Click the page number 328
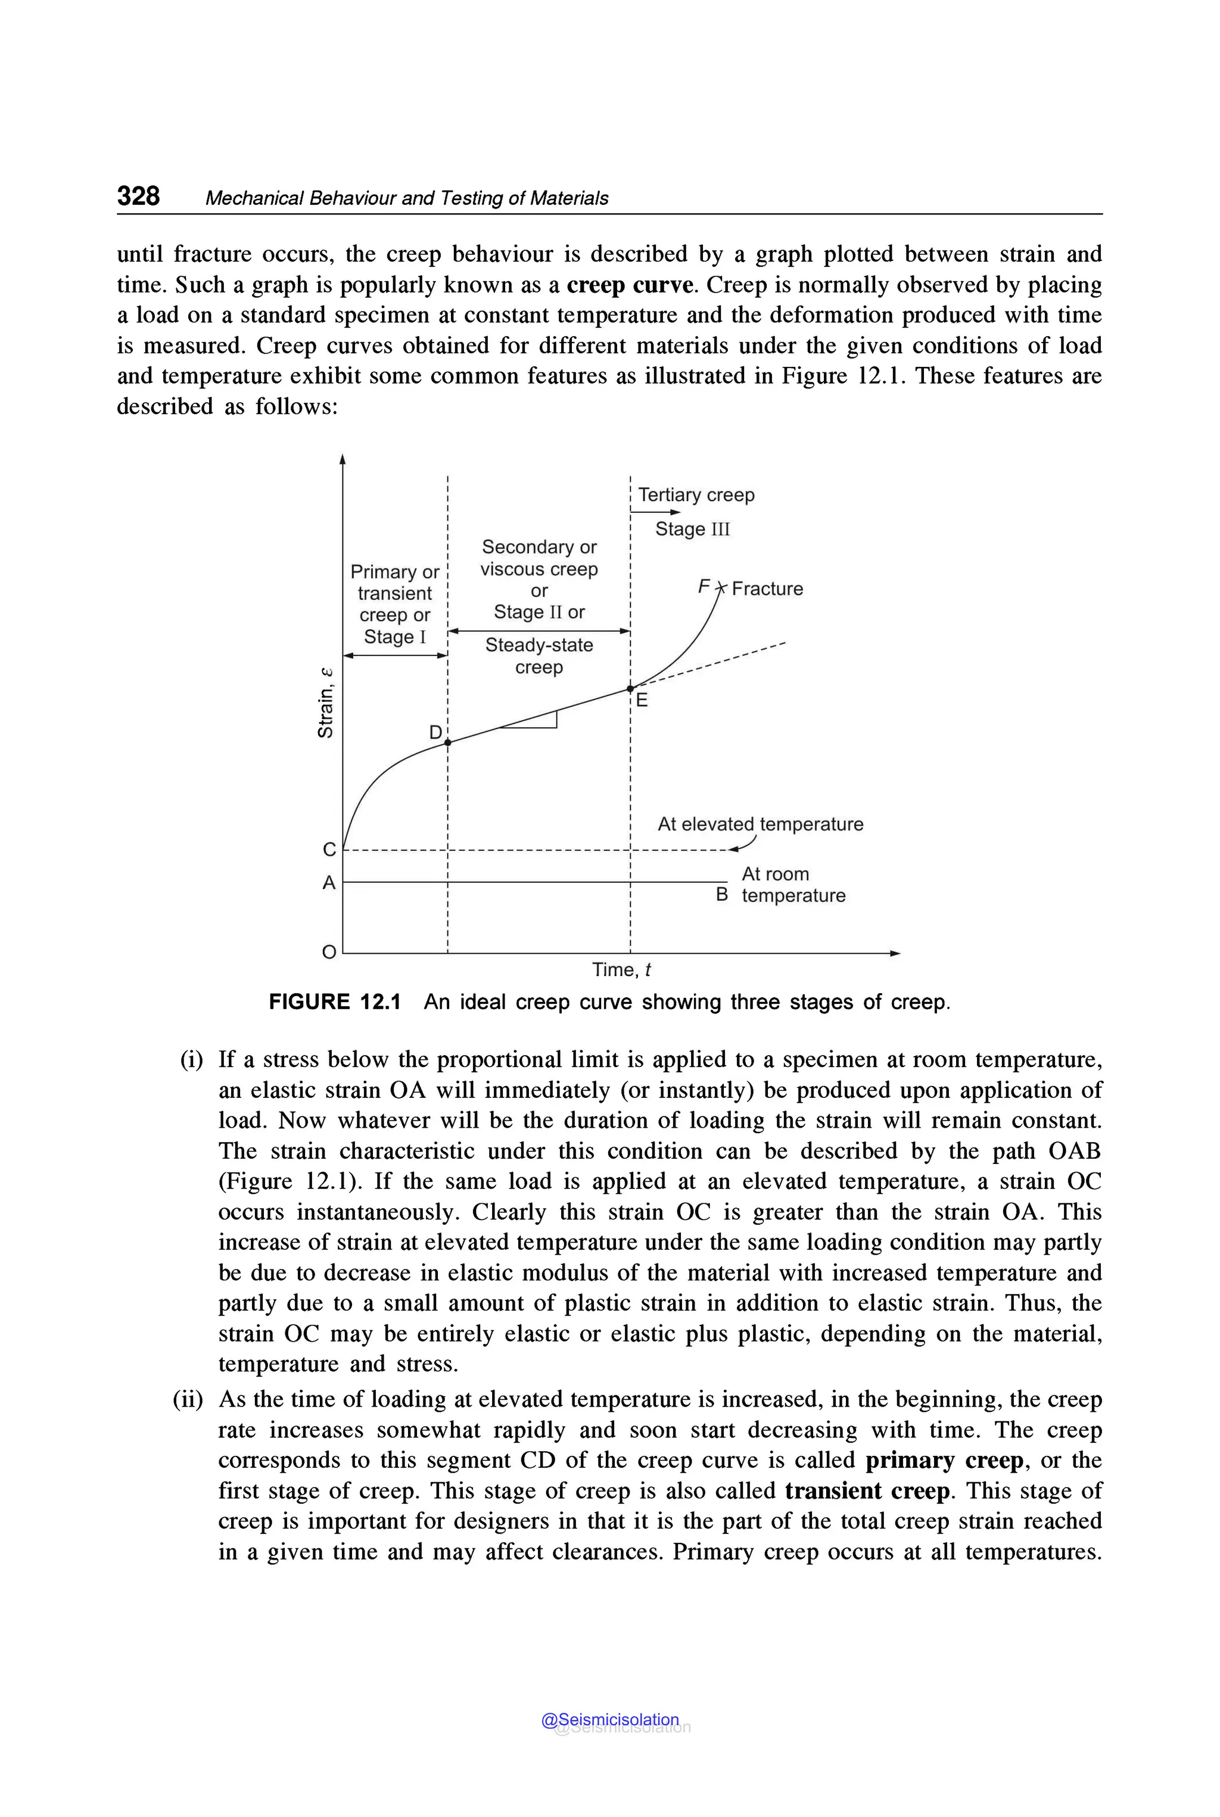point(138,195)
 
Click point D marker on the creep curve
point(447,742)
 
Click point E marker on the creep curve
point(630,689)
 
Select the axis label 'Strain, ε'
point(326,703)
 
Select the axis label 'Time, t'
point(621,970)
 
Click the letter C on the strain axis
point(329,850)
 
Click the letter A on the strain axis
point(329,882)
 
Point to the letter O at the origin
point(329,951)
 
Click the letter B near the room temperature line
point(722,894)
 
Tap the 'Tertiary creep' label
point(696,495)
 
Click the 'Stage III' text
point(692,529)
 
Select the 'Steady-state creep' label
point(539,656)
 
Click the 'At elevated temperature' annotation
point(760,824)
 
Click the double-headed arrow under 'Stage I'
point(396,655)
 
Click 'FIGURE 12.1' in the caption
point(335,1001)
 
